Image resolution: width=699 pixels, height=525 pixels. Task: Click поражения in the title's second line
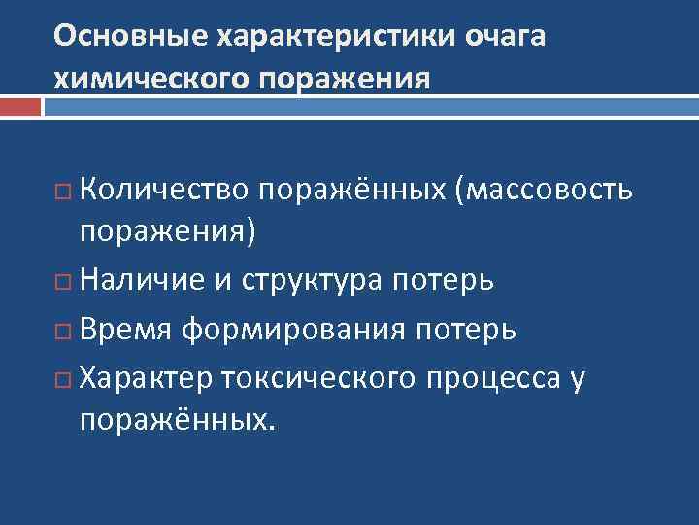point(343,78)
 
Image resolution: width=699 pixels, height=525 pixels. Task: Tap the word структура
point(309,282)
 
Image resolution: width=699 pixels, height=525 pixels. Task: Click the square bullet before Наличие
point(65,282)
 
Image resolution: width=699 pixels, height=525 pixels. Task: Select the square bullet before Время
point(65,331)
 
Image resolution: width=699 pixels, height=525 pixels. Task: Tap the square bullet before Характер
point(65,378)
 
